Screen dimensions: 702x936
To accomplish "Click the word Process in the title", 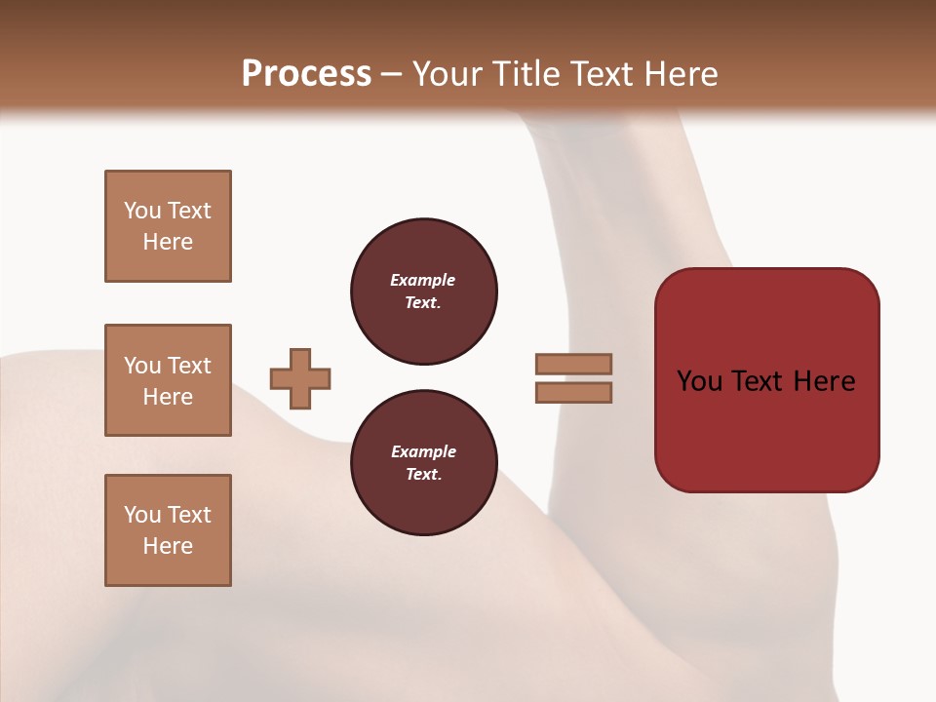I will (306, 74).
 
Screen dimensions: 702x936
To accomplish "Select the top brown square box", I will (168, 226).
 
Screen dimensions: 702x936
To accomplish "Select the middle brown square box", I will (168, 380).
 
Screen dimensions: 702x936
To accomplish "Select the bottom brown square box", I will (168, 530).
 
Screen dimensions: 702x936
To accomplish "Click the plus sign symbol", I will (300, 378).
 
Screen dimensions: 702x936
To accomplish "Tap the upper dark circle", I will (423, 292).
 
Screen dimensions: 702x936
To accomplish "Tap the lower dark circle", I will (423, 463).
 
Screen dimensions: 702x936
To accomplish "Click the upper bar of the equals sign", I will (573, 364).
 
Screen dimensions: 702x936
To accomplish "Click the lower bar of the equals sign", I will (573, 393).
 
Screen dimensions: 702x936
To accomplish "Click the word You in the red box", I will (699, 381).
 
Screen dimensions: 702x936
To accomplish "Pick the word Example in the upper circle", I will (422, 280).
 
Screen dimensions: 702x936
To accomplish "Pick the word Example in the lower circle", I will (423, 451).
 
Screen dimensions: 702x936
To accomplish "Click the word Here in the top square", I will (168, 242).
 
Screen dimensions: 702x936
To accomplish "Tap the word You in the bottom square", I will (142, 515).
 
